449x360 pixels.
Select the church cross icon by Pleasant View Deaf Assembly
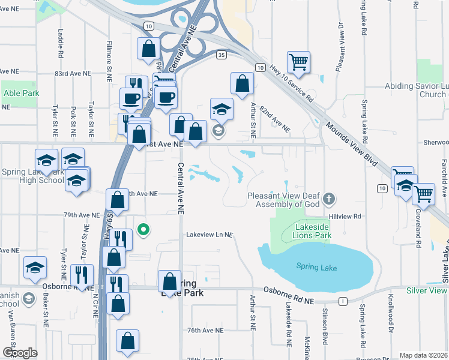point(328,198)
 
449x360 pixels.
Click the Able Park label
point(21,93)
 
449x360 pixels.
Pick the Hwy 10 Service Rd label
point(292,83)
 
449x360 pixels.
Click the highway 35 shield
point(221,55)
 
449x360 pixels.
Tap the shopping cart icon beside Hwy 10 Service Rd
point(298,62)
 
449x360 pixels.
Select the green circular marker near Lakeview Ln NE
point(143,229)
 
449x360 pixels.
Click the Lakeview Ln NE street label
point(208,235)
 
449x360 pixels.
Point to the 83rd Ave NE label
point(72,73)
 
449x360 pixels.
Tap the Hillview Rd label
point(345,215)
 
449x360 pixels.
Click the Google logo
point(20,353)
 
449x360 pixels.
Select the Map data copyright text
point(423,355)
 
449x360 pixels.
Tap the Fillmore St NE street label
point(109,66)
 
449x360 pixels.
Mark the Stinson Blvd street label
point(325,327)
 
